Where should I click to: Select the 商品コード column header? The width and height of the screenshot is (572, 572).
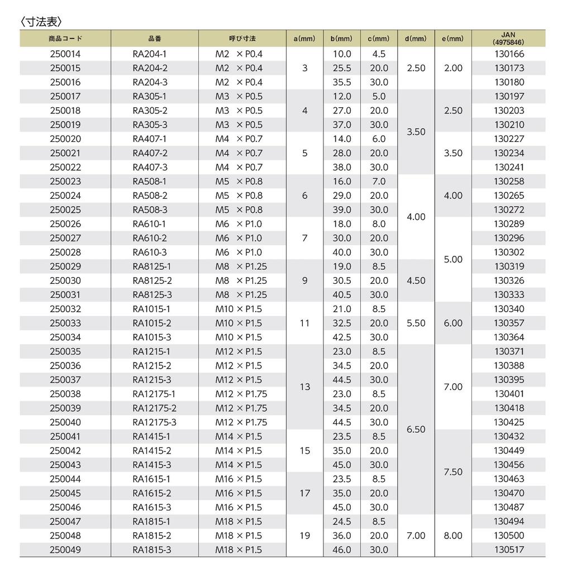pyautogui.click(x=65, y=39)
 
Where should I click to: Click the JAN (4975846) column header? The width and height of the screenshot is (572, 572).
pyautogui.click(x=508, y=39)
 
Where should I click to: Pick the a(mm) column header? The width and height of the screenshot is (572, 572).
pyautogui.click(x=304, y=39)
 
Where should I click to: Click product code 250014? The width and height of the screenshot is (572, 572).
pyautogui.click(x=65, y=54)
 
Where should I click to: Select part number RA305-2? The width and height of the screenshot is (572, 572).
pyautogui.click(x=150, y=111)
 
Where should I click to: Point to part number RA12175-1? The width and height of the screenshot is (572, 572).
pyautogui.click(x=154, y=394)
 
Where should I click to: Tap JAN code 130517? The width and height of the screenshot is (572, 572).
pyautogui.click(x=509, y=550)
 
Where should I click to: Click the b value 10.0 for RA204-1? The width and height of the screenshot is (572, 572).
pyautogui.click(x=342, y=54)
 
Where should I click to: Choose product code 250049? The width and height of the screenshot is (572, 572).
pyautogui.click(x=65, y=550)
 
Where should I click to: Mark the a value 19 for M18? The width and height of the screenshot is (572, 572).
pyautogui.click(x=304, y=536)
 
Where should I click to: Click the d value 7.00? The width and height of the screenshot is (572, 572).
pyautogui.click(x=416, y=536)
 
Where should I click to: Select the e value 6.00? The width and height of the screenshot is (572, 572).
pyautogui.click(x=453, y=323)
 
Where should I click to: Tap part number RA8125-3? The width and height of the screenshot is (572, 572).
pyautogui.click(x=152, y=295)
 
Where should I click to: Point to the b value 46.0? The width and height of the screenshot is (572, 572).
pyautogui.click(x=342, y=550)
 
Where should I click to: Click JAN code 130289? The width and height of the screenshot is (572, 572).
pyautogui.click(x=509, y=224)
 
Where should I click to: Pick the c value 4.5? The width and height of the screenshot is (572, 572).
pyautogui.click(x=379, y=54)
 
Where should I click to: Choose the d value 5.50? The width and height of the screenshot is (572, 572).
pyautogui.click(x=416, y=323)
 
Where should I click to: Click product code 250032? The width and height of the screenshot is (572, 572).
pyautogui.click(x=65, y=309)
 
